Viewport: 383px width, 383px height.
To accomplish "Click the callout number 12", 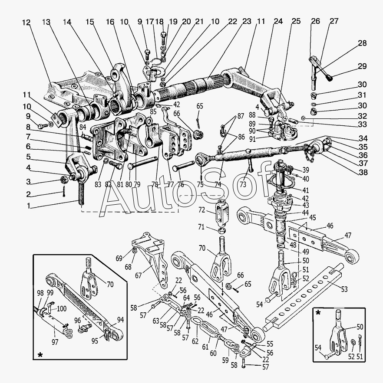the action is click(26, 23).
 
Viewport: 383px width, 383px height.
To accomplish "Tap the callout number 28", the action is click(363, 43).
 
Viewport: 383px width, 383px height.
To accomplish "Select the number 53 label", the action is click(344, 289).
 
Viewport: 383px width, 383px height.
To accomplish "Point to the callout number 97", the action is click(55, 342).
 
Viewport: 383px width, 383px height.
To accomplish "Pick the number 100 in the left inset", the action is click(61, 309).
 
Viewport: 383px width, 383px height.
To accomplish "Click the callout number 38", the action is click(363, 172).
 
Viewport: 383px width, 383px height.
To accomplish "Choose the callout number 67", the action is click(139, 275).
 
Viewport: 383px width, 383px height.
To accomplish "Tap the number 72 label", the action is click(202, 210).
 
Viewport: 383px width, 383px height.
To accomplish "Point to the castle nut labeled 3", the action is click(64, 180).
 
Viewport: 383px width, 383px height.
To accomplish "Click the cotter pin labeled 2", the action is click(64, 192).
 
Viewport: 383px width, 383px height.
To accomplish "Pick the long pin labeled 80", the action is click(142, 163).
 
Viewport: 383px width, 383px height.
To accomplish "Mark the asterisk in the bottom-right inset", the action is click(318, 313).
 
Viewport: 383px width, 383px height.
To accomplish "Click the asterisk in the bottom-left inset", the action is click(40, 355).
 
